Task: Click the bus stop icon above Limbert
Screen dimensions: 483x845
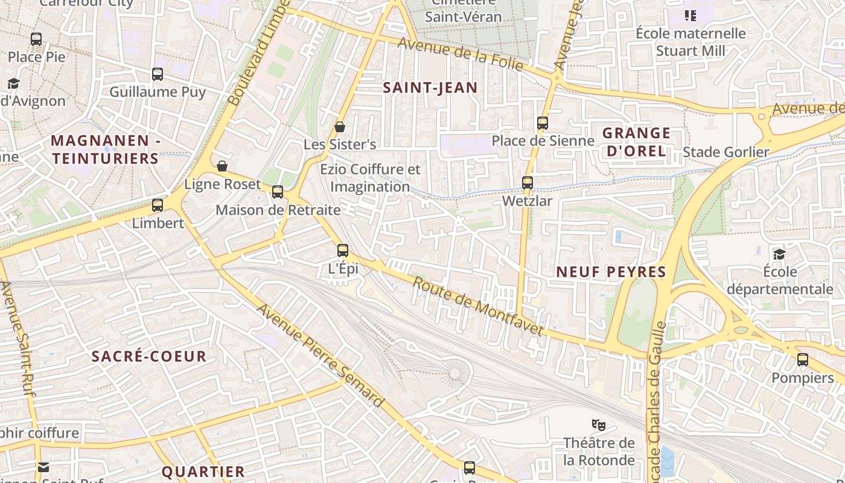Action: pos(158,205)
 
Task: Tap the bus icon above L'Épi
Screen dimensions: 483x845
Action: pos(343,250)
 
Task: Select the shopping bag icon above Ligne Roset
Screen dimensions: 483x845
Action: pos(222,166)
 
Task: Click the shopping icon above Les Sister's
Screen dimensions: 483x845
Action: pos(340,127)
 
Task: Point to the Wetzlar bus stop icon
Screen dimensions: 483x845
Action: pos(528,182)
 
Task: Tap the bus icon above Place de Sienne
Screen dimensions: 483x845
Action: pos(543,123)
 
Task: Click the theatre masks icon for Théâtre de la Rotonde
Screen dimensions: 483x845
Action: pos(598,424)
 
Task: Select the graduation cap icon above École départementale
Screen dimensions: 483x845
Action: pos(780,254)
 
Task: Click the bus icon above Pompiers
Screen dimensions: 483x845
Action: pos(803,360)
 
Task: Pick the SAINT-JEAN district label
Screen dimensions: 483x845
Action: pos(430,88)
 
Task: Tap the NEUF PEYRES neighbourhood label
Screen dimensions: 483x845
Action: pos(611,272)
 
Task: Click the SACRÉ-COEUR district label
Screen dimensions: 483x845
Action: pos(149,356)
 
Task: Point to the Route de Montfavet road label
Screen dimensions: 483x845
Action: pos(478,307)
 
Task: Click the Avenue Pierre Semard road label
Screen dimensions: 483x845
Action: pos(320,356)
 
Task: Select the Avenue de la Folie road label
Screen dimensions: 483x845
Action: pos(460,54)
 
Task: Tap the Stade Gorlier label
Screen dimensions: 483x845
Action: pos(725,152)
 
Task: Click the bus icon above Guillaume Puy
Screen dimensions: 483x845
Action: pos(158,74)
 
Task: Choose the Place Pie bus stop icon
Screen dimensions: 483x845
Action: pos(36,39)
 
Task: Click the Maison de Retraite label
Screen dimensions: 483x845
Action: pos(278,210)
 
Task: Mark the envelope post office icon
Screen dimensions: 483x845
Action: pos(43,467)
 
